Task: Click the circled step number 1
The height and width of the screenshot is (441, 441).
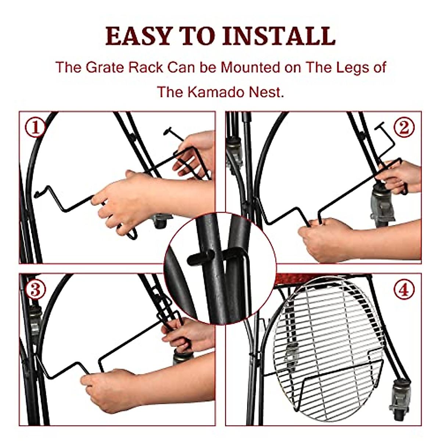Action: (x=35, y=128)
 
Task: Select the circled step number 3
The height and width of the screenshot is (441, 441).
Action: (x=35, y=290)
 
